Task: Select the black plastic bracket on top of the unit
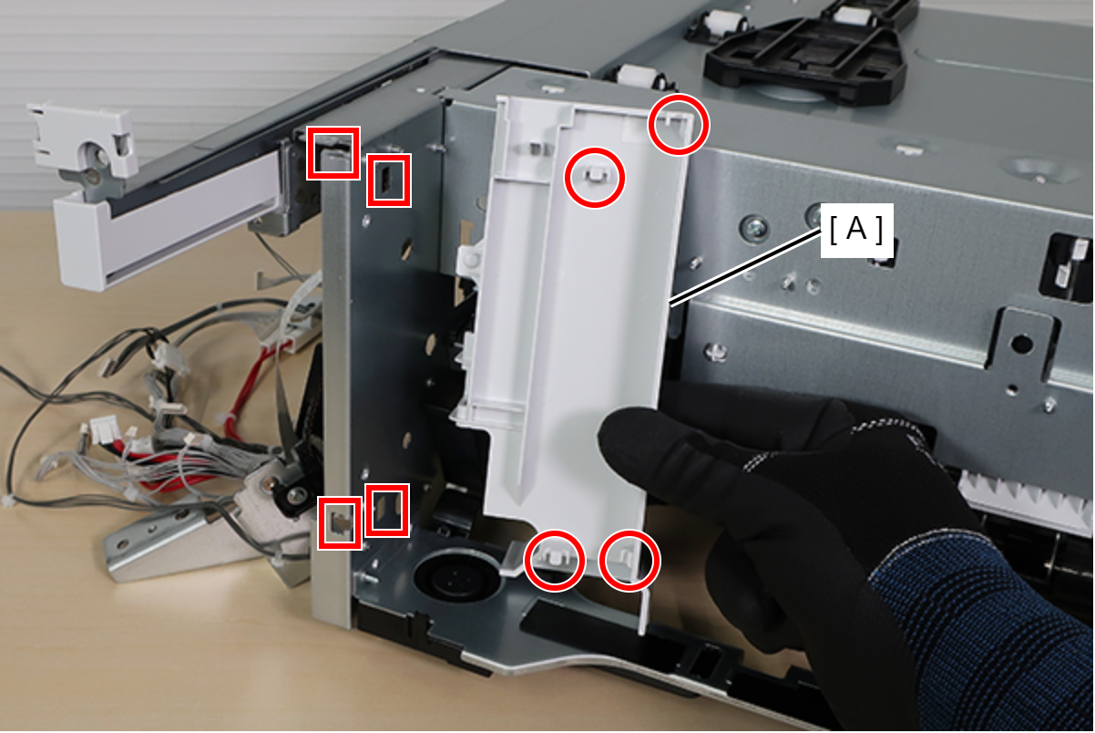click(x=806, y=54)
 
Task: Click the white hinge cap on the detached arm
click(x=83, y=142)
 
